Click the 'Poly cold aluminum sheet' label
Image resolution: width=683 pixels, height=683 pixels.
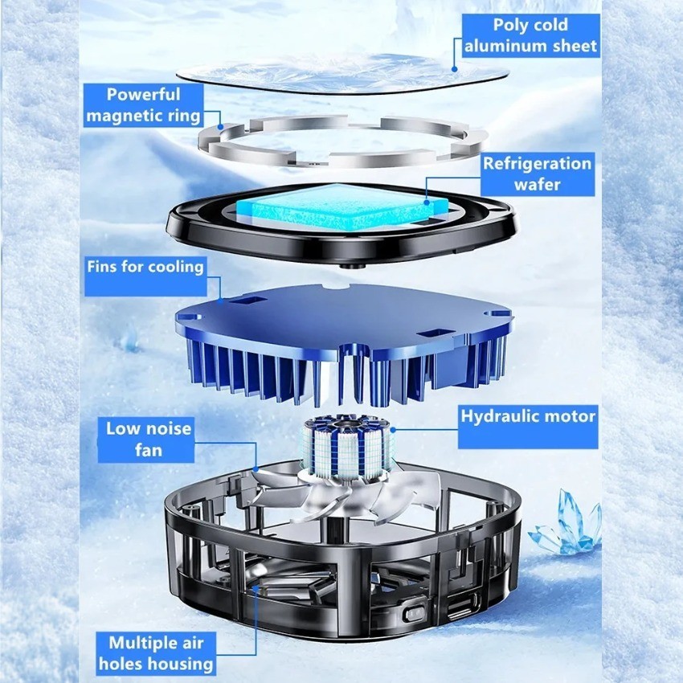pyautogui.click(x=530, y=35)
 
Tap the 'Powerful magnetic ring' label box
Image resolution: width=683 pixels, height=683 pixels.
pyautogui.click(x=143, y=105)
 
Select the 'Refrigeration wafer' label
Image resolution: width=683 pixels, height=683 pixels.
pyautogui.click(x=538, y=174)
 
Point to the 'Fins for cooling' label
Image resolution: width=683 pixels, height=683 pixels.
pyautogui.click(x=145, y=276)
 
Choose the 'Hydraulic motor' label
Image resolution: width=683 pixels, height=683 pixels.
pyautogui.click(x=528, y=427)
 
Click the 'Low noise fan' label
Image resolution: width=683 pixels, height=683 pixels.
pyautogui.click(x=146, y=440)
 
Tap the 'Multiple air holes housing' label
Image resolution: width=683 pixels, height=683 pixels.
pyautogui.click(x=156, y=654)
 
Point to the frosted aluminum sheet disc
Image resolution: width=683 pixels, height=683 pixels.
pyautogui.click(x=342, y=73)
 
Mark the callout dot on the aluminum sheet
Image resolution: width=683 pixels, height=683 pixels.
pyautogui.click(x=454, y=69)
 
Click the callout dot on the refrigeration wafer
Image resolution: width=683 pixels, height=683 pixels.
pyautogui.click(x=427, y=202)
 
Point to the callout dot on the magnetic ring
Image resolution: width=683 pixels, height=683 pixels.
pyautogui.click(x=221, y=127)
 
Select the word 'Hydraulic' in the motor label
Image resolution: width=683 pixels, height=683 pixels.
pyautogui.click(x=500, y=416)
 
